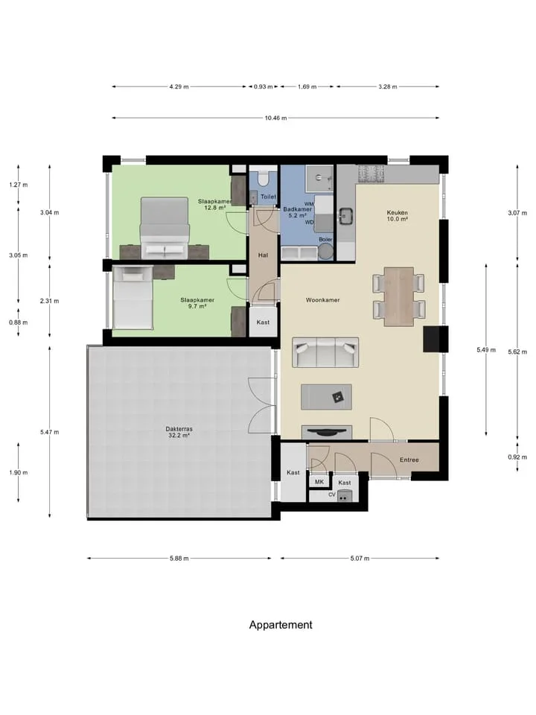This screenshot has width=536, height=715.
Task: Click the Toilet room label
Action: [x=268, y=197]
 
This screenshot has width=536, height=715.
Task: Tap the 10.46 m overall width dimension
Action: [x=275, y=118]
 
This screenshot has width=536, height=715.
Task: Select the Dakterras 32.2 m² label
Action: [x=179, y=432]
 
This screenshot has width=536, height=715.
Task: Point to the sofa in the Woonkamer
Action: [x=325, y=352]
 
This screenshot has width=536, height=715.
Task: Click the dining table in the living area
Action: [x=399, y=296]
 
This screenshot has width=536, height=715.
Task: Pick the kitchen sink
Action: [x=346, y=216]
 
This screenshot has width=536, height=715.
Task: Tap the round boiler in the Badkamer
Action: [x=325, y=251]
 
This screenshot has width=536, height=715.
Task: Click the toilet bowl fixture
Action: [x=264, y=177]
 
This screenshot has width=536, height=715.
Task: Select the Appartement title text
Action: [x=281, y=625]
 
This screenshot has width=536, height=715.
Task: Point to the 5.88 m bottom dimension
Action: [x=179, y=558]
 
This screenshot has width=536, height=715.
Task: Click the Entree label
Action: [x=409, y=460]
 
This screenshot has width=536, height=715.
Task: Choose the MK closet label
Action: [x=319, y=482]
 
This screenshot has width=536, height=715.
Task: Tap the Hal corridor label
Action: [x=263, y=255]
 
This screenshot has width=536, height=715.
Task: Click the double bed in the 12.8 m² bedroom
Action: [x=165, y=228]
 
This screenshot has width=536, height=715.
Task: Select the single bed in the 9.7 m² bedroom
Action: [x=133, y=297]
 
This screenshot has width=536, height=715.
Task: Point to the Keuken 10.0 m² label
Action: [x=397, y=216]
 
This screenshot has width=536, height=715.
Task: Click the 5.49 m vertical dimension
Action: [x=486, y=350]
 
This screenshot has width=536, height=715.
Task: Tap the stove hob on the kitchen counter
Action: [x=371, y=174]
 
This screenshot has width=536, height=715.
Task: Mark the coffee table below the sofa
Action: [x=326, y=397]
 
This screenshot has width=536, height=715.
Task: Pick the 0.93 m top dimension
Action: [x=264, y=86]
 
